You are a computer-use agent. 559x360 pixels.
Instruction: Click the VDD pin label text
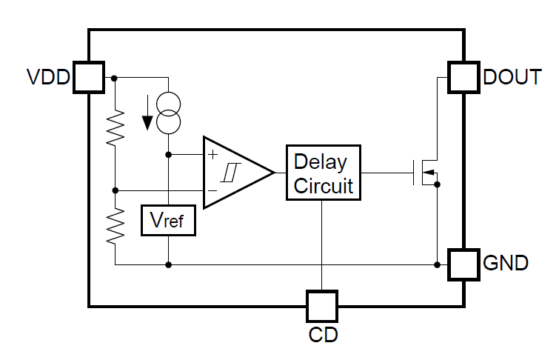click(48, 77)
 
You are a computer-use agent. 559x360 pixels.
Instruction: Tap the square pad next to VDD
click(88, 77)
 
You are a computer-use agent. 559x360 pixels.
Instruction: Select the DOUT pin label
click(512, 77)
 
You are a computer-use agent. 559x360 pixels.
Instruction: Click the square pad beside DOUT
click(465, 77)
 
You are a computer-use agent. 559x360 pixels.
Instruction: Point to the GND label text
click(506, 263)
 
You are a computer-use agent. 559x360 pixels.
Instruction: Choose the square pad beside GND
click(465, 264)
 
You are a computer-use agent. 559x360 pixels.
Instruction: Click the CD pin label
click(323, 334)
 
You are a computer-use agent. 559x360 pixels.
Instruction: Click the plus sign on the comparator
click(213, 154)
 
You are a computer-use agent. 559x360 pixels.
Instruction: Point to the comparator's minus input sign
click(213, 191)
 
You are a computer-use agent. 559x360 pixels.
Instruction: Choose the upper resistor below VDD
click(116, 127)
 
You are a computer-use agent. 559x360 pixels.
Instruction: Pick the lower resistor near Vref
click(116, 226)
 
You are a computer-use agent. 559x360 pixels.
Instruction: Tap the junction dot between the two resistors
click(116, 191)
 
